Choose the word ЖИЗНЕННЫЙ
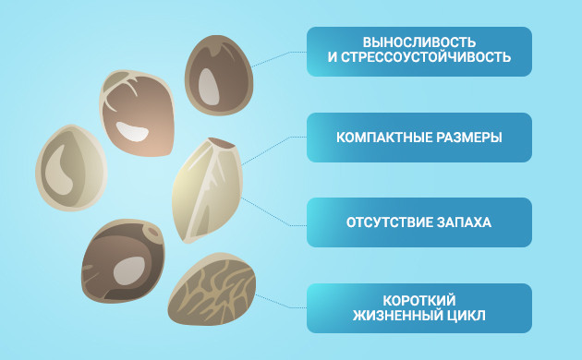[x=404, y=318]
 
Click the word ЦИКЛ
[x=470, y=318]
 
